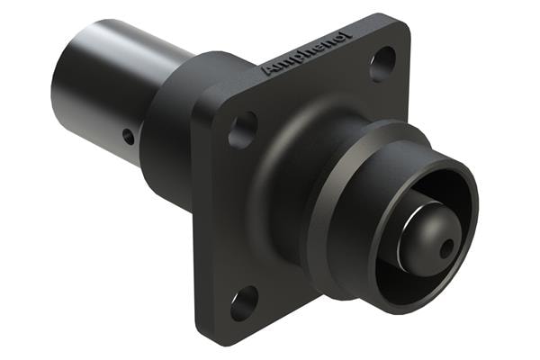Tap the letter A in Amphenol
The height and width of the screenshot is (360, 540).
[x=267, y=69]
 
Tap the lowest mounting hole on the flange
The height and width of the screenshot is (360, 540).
[x=244, y=302]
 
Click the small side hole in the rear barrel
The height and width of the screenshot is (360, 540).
[x=129, y=138]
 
